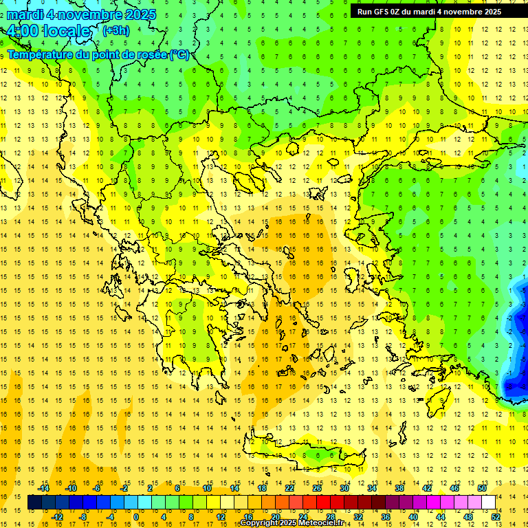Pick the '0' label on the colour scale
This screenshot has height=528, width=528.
[136, 517]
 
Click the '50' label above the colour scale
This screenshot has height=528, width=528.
[482, 488]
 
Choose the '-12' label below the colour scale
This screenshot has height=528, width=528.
[57, 517]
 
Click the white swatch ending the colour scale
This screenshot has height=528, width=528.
[488, 503]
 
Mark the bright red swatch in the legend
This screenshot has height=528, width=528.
[324, 503]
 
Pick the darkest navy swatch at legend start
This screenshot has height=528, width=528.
[35, 503]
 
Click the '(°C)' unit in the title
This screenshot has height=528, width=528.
[180, 54]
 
